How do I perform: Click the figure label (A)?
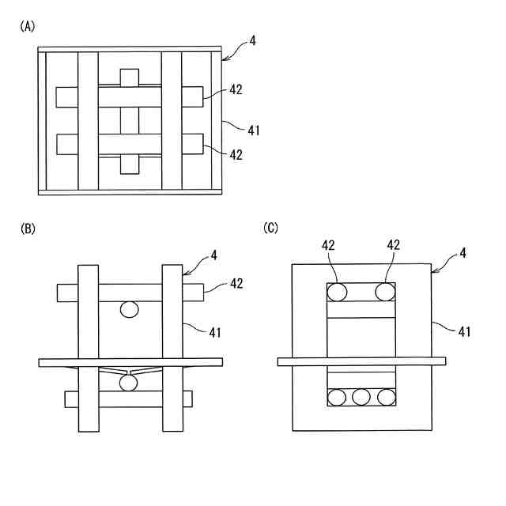point(28,26)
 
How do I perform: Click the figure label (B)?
point(28,228)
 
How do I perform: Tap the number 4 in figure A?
point(252,39)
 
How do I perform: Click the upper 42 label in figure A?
point(236,90)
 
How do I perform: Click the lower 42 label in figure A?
point(236,155)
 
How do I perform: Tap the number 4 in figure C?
point(462,254)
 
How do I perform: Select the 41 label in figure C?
point(464,331)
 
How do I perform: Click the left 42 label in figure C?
point(330,245)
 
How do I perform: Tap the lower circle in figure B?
point(127,383)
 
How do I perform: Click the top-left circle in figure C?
point(338,292)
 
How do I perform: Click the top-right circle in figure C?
point(385,292)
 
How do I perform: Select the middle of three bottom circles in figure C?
point(361,397)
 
